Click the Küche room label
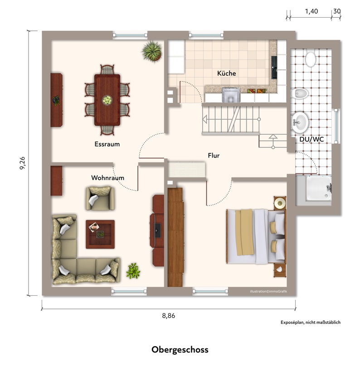(x=226, y=73)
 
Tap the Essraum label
(x=107, y=144)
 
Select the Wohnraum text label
(x=107, y=178)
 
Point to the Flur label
(x=214, y=156)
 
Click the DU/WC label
(x=311, y=139)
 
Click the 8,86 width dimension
(x=169, y=316)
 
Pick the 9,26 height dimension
(x=22, y=163)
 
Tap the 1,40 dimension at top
(x=311, y=11)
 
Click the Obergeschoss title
(x=180, y=350)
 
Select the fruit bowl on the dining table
(x=107, y=100)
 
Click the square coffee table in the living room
(x=100, y=234)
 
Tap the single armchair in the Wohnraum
(x=100, y=198)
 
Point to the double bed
(x=256, y=236)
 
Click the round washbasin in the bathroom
(x=300, y=122)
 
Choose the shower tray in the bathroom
(x=319, y=188)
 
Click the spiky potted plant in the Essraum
(x=152, y=52)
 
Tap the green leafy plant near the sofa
(x=133, y=271)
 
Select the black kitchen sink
(x=274, y=68)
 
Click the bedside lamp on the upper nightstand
(x=280, y=203)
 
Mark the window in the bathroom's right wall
(x=336, y=126)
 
